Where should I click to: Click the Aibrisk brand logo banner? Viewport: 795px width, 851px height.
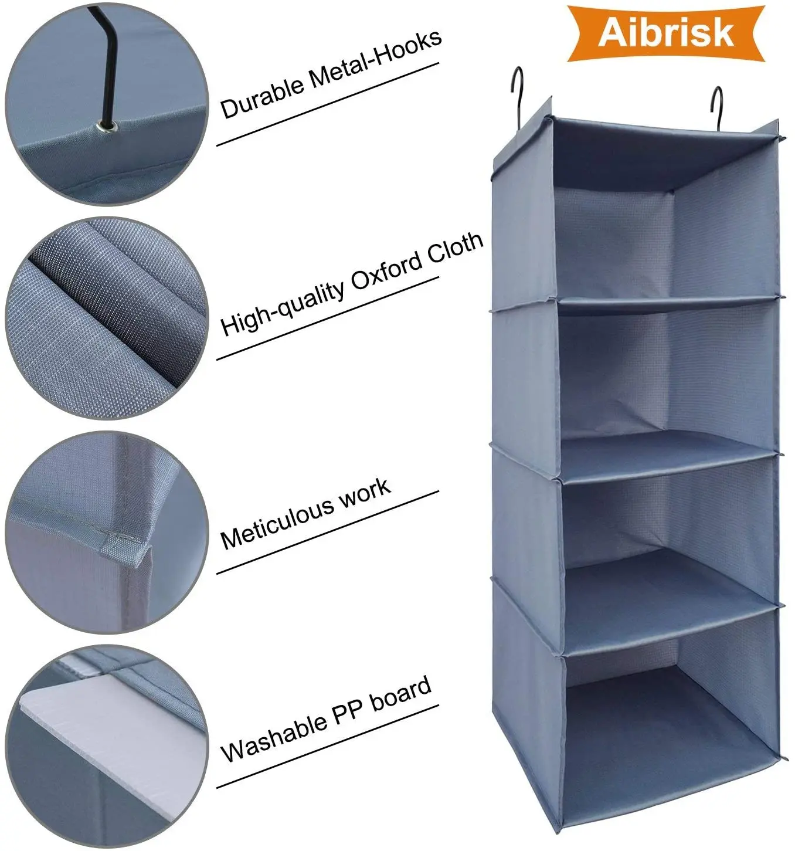pos(665,32)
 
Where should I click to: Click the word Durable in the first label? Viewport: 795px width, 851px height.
pos(262,96)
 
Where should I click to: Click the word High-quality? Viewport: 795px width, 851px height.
pos(282,307)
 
